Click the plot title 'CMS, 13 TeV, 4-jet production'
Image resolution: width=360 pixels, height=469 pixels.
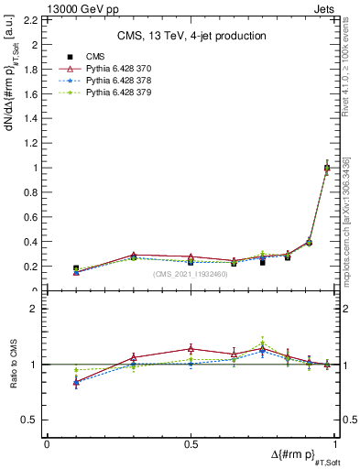[x=191, y=36]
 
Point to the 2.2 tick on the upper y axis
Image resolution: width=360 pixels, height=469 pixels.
[x=33, y=19]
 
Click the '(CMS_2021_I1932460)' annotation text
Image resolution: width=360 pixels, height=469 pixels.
[x=191, y=274]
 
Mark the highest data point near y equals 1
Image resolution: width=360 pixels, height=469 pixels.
[x=327, y=168]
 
